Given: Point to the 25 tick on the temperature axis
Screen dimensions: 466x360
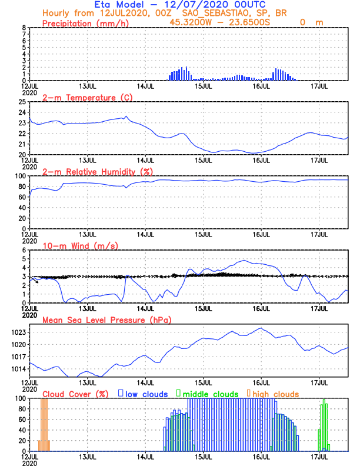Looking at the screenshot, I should tap(22, 102).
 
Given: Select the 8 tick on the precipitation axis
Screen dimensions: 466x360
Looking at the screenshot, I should tap(24, 28).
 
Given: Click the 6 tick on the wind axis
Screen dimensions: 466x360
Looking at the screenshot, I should tap(24, 250).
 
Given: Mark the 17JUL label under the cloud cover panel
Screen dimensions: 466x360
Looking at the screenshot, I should tap(319, 457).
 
